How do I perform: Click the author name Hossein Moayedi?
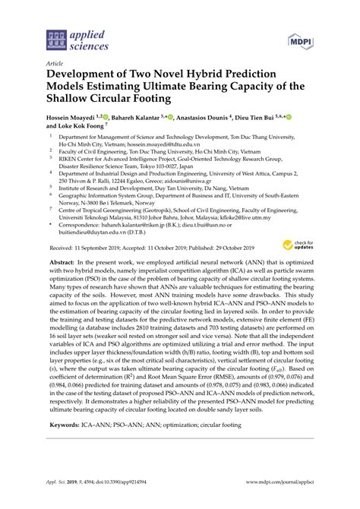76,118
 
